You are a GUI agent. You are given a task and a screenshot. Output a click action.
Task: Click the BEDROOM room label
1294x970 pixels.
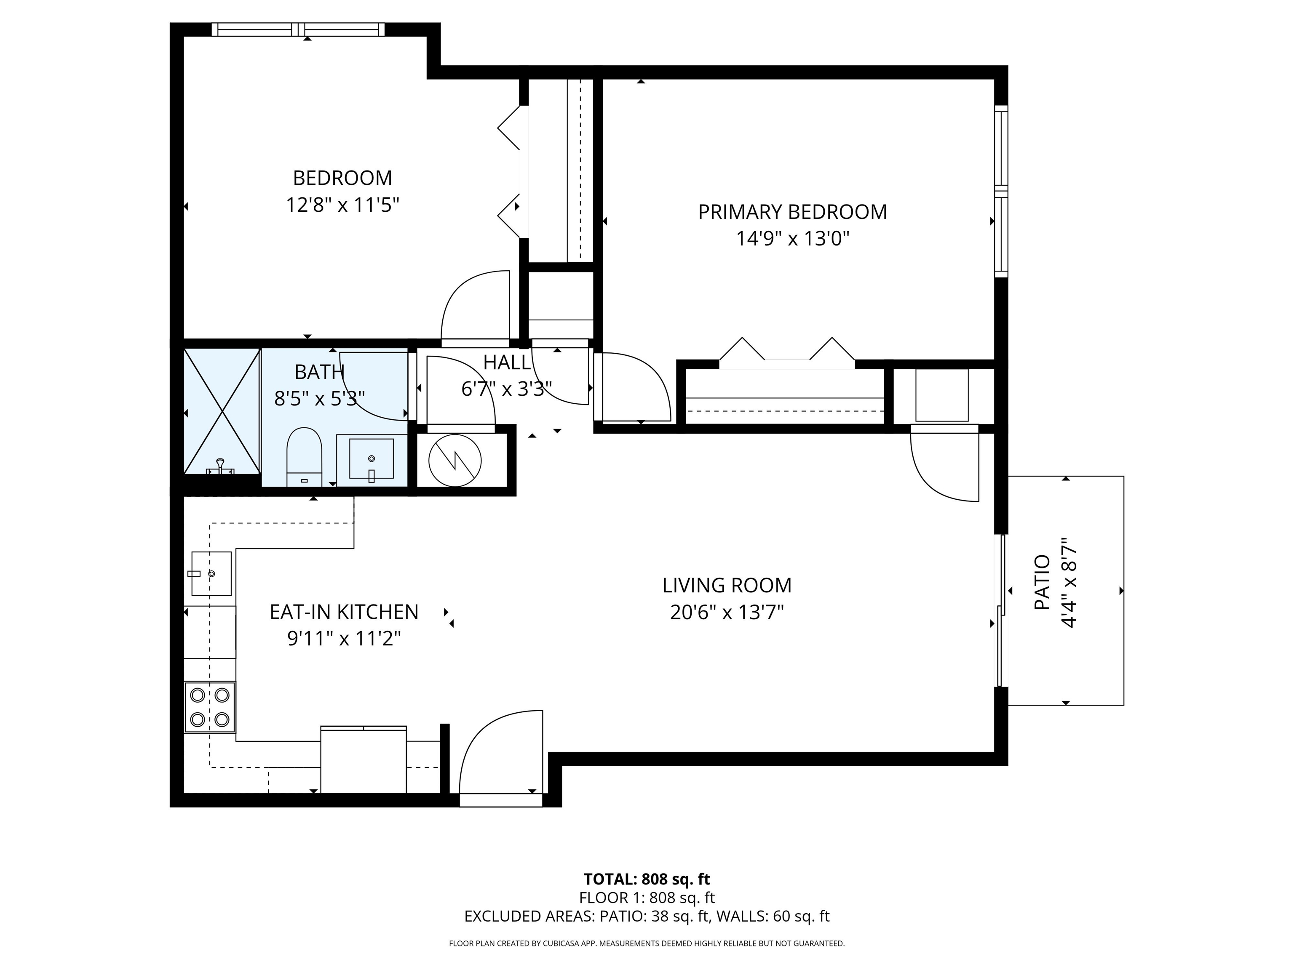(x=342, y=178)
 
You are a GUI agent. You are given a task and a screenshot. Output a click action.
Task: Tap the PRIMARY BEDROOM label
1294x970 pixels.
(x=793, y=212)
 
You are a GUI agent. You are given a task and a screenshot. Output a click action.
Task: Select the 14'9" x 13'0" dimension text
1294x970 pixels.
(x=793, y=239)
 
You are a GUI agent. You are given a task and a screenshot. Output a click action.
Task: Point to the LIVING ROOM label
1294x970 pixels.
(x=727, y=585)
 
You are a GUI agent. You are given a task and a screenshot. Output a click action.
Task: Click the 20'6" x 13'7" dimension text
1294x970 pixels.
(x=727, y=612)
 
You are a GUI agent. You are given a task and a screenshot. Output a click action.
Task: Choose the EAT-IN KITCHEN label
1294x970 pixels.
(x=344, y=612)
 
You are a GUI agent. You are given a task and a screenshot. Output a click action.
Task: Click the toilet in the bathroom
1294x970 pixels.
(x=304, y=457)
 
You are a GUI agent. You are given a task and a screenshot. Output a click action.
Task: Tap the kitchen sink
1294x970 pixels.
(x=211, y=573)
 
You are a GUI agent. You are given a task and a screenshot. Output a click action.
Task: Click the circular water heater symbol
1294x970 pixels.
(x=455, y=461)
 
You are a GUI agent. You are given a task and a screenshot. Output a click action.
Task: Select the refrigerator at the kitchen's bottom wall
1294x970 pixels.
(x=363, y=759)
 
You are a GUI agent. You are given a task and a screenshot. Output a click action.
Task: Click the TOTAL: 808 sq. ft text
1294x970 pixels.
(x=647, y=879)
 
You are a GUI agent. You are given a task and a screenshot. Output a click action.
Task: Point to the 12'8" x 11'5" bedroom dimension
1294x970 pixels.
(x=342, y=205)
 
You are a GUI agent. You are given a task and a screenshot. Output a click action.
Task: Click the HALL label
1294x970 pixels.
(x=507, y=362)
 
